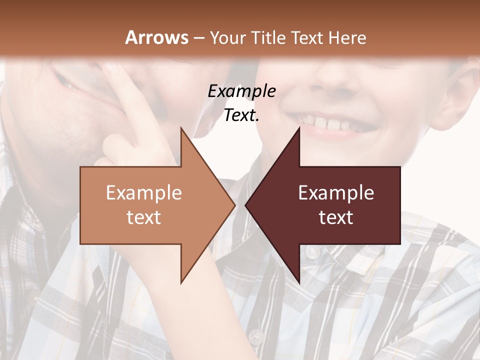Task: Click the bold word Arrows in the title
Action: (156, 37)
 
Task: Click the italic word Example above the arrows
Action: (241, 91)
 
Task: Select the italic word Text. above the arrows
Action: (241, 115)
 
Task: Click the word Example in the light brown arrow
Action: (143, 193)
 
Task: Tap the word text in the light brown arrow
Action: (143, 217)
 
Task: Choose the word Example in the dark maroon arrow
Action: (336, 193)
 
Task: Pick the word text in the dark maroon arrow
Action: (336, 217)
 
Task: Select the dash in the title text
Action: (198, 38)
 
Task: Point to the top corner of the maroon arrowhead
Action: (299, 128)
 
